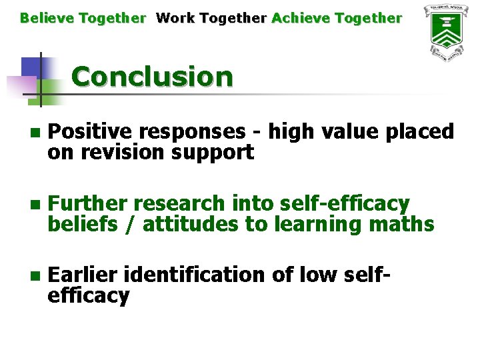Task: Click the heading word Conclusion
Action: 152,77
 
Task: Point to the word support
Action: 213,153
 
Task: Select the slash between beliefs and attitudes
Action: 132,224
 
